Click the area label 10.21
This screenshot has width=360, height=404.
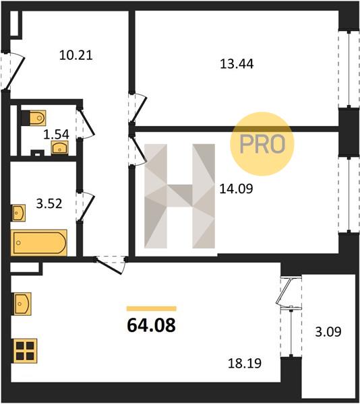(x=76, y=55)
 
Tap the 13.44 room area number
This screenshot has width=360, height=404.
(x=237, y=64)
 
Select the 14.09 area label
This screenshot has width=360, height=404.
(x=236, y=189)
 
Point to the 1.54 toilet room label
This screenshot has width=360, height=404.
(x=56, y=135)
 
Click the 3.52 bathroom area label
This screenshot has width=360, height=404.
(x=49, y=204)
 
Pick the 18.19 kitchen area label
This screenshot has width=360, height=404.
(x=245, y=363)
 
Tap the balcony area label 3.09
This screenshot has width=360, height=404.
(x=328, y=332)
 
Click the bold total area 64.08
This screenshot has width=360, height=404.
(x=152, y=325)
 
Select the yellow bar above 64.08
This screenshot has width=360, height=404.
(x=152, y=308)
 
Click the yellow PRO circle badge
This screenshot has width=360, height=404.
(x=262, y=144)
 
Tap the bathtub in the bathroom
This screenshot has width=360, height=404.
(x=39, y=242)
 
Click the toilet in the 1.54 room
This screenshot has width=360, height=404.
(x=34, y=118)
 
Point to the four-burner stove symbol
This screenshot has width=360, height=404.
(x=25, y=351)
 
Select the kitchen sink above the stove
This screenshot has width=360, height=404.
(x=22, y=304)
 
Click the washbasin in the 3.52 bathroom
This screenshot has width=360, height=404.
(x=19, y=213)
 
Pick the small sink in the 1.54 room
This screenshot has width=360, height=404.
(x=59, y=147)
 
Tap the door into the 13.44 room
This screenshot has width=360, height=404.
(x=138, y=107)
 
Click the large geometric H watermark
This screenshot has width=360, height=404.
(x=179, y=196)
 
